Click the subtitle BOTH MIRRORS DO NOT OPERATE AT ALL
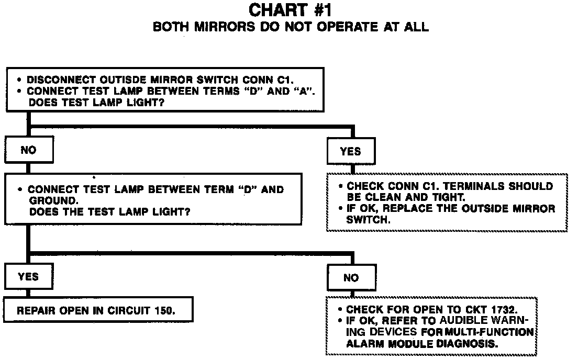tap(291, 27)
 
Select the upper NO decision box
tap(28, 150)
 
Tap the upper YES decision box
tap(350, 151)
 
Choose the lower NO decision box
tap(350, 277)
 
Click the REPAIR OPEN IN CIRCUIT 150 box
tap(98, 310)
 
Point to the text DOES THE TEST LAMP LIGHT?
tap(109, 212)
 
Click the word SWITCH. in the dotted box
tap(369, 220)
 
